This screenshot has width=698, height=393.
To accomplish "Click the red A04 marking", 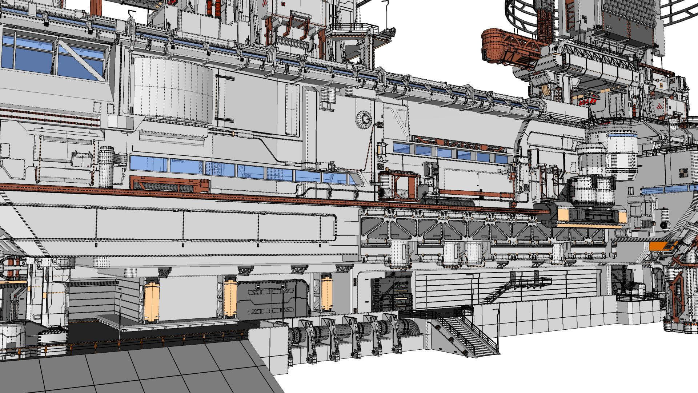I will (584, 103).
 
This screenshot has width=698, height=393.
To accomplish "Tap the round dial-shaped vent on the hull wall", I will (364, 119).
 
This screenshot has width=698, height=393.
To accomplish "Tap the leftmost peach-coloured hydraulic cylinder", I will (151, 300).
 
